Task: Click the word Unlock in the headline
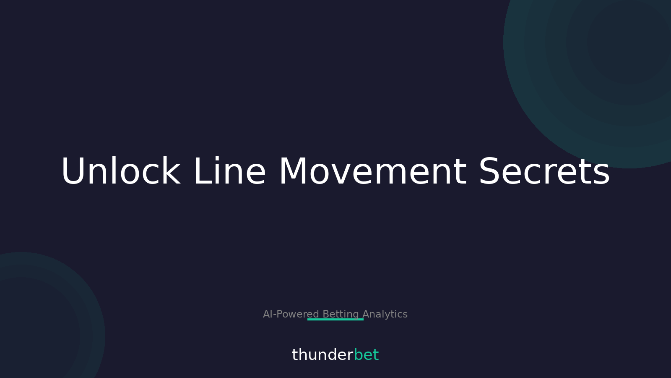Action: coord(121,172)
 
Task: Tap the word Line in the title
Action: coord(229,172)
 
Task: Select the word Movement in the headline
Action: coord(372,172)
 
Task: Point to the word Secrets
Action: coord(544,172)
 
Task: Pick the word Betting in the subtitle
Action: coord(341,314)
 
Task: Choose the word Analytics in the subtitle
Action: coord(385,314)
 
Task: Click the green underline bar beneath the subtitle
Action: coord(335,320)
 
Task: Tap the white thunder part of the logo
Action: coord(322,355)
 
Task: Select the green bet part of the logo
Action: coord(366,355)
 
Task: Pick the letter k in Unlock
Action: coord(172,172)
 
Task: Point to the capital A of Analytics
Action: coord(366,314)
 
